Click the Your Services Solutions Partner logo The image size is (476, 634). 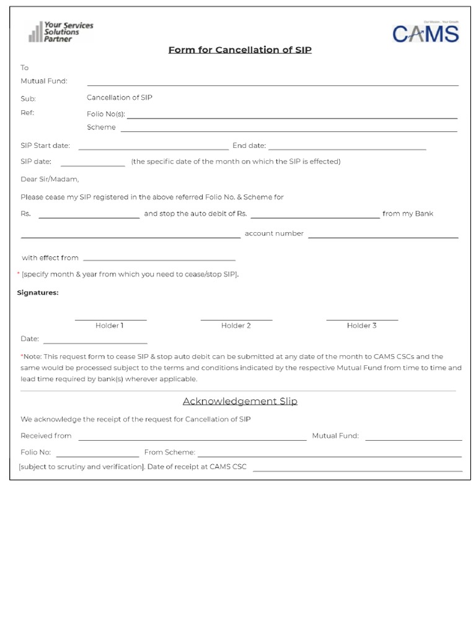[x=61, y=32]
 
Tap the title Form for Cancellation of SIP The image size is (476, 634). [x=240, y=50]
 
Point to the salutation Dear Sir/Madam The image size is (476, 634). [x=50, y=180]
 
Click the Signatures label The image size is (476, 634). [x=38, y=293]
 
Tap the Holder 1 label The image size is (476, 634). [x=110, y=326]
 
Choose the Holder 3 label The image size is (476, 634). [x=362, y=326]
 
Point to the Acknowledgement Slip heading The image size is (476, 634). [x=240, y=401]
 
